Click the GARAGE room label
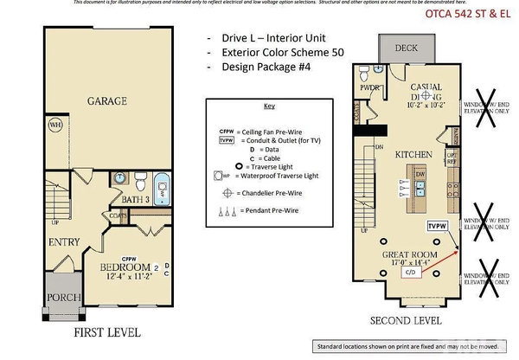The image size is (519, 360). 107,101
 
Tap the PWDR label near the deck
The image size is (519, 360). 371,87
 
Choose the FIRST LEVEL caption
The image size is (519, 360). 106,331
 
